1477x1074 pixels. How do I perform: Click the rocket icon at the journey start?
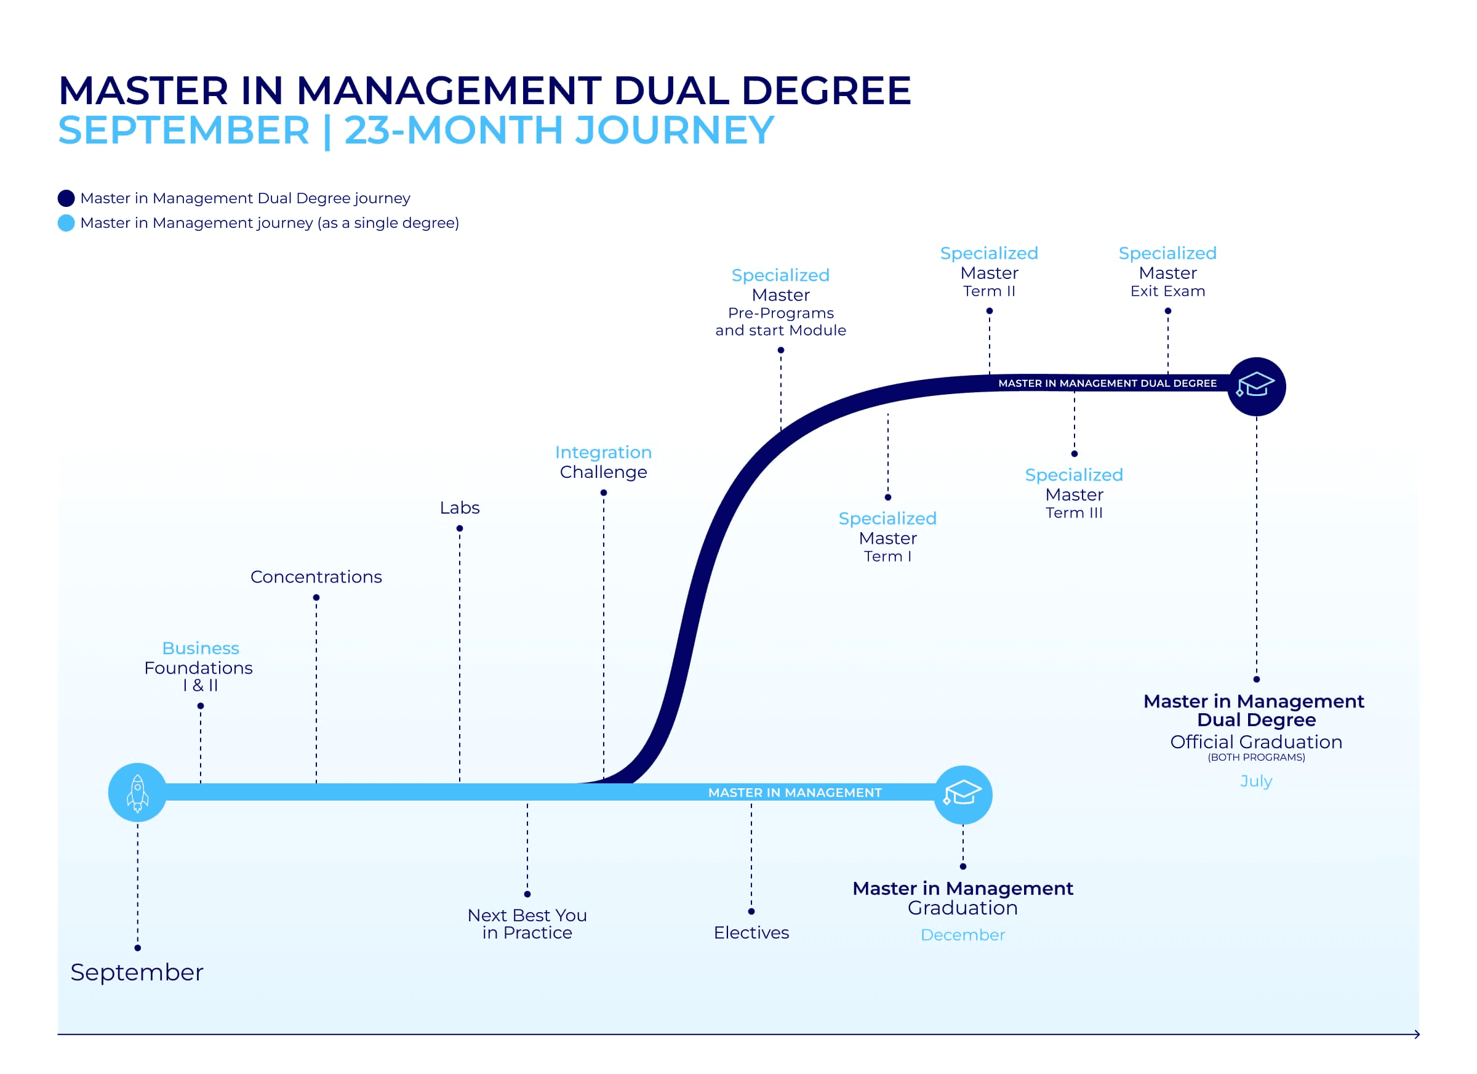click(x=137, y=793)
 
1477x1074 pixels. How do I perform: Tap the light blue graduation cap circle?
click(x=963, y=795)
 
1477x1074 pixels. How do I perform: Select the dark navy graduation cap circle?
click(x=1256, y=387)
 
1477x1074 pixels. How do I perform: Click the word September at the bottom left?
click(x=137, y=973)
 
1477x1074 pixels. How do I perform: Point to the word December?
click(x=963, y=935)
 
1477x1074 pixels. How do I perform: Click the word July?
click(x=1256, y=781)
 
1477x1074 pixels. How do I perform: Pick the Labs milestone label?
click(x=460, y=507)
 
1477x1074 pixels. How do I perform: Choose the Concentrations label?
click(x=316, y=577)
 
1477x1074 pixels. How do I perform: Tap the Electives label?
click(x=751, y=932)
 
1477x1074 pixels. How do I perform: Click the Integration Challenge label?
click(x=604, y=462)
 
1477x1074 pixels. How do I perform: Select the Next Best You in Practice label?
click(x=527, y=924)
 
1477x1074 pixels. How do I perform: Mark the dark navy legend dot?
click(x=66, y=198)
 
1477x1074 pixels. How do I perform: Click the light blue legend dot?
click(x=66, y=223)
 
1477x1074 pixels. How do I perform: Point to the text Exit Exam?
click(x=1167, y=291)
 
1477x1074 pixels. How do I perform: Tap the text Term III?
click(x=1075, y=513)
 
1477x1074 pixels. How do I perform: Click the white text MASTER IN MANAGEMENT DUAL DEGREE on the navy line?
click(x=1108, y=383)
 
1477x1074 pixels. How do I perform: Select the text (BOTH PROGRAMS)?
click(x=1256, y=757)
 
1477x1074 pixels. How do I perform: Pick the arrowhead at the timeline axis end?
click(x=1417, y=1034)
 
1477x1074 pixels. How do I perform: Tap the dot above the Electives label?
click(x=751, y=911)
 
